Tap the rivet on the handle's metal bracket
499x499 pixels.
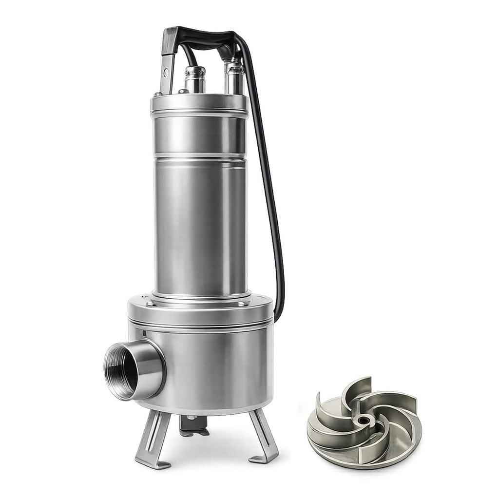(166, 73)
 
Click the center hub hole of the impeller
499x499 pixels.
(363, 420)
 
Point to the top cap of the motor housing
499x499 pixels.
(199, 103)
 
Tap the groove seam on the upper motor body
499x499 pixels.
(200, 157)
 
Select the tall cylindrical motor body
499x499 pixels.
(200, 224)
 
